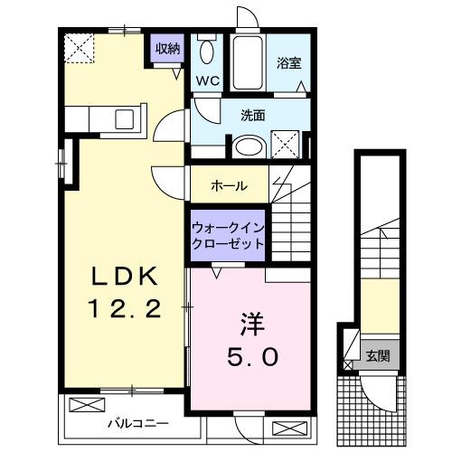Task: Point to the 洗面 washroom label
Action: tap(252, 116)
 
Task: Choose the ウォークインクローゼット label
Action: tap(227, 237)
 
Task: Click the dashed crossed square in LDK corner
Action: tap(80, 46)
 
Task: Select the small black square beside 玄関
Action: tap(348, 344)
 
